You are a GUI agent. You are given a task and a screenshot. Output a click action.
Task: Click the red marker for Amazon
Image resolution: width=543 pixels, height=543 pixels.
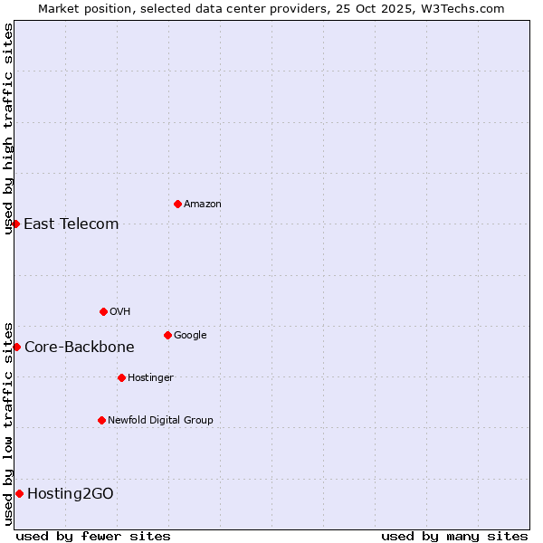pos(177,204)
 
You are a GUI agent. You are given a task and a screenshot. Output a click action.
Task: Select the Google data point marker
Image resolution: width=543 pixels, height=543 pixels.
pos(167,335)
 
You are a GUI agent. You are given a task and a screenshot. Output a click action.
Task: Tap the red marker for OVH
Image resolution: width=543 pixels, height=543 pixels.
pos(103,311)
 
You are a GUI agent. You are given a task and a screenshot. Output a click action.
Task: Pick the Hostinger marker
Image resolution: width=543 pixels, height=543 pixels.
pos(121,377)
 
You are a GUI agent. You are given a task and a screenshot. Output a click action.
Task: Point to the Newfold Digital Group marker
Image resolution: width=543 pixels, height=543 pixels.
pos(101,420)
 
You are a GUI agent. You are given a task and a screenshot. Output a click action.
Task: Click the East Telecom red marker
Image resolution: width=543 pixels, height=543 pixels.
pos(15,224)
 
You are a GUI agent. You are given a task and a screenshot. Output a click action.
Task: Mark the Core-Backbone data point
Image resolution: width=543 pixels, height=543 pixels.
pos(16,347)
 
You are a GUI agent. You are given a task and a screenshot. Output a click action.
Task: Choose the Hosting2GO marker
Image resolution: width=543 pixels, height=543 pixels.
pos(19,493)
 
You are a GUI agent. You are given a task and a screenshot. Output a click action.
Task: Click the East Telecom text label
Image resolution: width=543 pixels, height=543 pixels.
pos(71,224)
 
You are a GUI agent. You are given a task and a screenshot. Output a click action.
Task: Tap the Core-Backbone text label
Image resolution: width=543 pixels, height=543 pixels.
pos(79,347)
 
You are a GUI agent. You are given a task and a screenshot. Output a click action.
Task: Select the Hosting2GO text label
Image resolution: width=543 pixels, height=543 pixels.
pos(71,493)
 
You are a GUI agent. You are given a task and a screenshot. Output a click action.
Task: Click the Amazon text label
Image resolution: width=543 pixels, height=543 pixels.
pos(203,205)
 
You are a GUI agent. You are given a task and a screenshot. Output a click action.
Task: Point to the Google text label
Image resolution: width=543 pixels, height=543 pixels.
pos(190,336)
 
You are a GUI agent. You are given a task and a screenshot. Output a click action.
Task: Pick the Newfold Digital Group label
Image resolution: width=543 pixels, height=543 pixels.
pos(160,420)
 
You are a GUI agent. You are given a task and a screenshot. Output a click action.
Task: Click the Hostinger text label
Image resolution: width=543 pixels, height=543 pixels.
pos(150,378)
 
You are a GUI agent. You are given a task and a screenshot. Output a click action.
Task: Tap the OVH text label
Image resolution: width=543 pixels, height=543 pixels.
pos(120,312)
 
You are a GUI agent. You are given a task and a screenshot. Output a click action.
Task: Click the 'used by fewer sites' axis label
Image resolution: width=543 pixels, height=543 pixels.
pos(93,536)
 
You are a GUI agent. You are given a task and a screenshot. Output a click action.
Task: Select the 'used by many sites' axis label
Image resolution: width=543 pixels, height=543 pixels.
pos(454,536)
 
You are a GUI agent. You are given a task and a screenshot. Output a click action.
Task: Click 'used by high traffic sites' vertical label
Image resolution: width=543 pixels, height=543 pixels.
pos(8,129)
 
